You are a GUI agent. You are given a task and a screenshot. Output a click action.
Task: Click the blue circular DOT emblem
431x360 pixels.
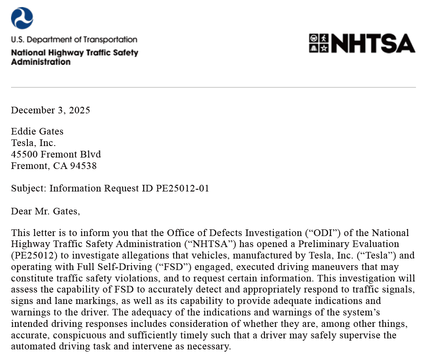click(x=22, y=18)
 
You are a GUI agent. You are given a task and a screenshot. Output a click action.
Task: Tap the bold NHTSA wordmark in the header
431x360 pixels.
click(x=373, y=43)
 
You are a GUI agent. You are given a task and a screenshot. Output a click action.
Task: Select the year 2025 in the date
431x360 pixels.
click(x=80, y=110)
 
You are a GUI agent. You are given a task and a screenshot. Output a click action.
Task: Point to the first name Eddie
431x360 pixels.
click(x=23, y=131)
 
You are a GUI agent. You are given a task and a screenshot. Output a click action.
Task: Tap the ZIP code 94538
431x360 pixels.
click(x=83, y=166)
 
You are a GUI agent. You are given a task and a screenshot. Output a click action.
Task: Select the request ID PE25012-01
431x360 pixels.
click(x=182, y=188)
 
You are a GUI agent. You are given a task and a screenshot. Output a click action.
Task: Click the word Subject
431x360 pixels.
click(x=28, y=188)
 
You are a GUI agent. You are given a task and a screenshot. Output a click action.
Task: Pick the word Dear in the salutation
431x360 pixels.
click(x=22, y=211)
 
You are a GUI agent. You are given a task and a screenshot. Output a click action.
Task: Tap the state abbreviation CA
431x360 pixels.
click(x=60, y=166)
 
